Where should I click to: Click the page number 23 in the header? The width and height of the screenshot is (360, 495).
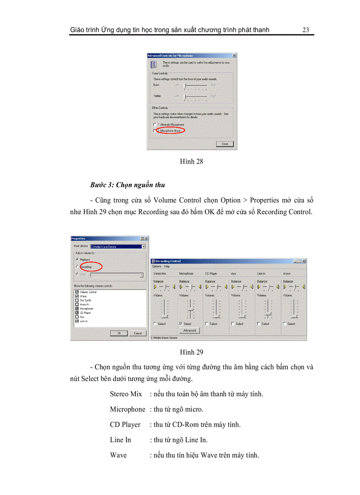coord(306,30)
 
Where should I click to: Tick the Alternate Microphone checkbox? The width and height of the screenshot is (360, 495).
coord(154,125)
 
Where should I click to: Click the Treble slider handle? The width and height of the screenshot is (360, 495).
coord(184,96)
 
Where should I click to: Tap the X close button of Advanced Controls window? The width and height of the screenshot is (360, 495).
coord(234,56)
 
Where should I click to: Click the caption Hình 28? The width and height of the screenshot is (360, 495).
coord(191,161)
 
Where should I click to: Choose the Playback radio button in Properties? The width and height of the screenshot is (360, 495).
coord(78,260)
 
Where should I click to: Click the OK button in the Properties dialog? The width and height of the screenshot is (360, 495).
coord(119,333)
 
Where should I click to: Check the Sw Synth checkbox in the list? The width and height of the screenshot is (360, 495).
coord(77,300)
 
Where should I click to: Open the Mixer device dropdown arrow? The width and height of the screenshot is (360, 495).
coord(144,246)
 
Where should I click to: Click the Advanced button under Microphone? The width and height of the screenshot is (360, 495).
coord(189,330)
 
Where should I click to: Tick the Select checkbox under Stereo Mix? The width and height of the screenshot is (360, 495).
coord(155,324)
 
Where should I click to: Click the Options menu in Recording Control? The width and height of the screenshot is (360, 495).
coord(157,266)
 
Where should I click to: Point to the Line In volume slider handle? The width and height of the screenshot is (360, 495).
coord(268,315)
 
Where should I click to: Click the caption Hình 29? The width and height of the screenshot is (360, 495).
coord(191,352)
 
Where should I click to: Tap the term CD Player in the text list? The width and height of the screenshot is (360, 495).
coord(125,424)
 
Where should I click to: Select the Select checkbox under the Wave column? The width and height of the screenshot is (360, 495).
coord(285,324)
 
